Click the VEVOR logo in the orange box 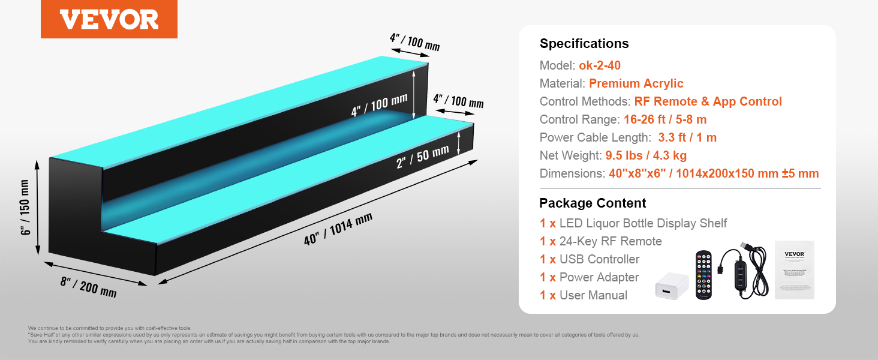click(109, 20)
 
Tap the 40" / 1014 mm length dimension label click(338, 229)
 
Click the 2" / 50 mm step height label click(422, 157)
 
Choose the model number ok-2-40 click(600, 65)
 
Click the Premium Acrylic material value click(636, 83)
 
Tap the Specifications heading click(584, 43)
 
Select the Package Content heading click(593, 203)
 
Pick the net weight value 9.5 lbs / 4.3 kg click(646, 155)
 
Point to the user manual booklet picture click(794, 269)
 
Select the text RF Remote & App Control click(708, 101)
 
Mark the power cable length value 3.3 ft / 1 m click(687, 137)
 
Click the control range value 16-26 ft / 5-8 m click(665, 119)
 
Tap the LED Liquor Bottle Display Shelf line click(643, 223)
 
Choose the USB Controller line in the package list click(599, 259)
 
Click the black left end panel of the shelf click(75, 210)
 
